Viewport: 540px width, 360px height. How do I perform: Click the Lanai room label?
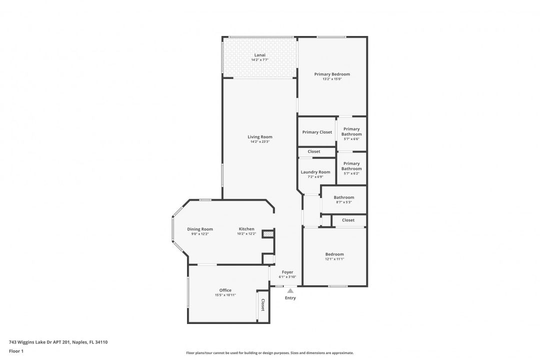pos(259,55)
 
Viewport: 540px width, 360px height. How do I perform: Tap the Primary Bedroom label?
pos(332,74)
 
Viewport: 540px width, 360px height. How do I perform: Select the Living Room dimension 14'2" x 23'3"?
pos(260,141)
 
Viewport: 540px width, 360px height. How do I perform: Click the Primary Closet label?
pos(317,132)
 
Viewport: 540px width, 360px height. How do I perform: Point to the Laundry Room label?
pos(315,172)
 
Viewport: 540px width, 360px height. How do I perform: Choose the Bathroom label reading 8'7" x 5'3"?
pos(344,197)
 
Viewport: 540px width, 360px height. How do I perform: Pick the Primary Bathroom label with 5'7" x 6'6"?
pos(351,131)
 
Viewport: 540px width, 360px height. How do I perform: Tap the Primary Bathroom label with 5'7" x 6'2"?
pos(351,166)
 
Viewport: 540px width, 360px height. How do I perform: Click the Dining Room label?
pos(200,229)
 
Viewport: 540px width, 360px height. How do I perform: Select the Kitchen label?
pos(246,229)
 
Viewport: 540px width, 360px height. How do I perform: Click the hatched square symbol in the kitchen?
pos(268,233)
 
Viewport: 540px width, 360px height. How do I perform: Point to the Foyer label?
pos(287,272)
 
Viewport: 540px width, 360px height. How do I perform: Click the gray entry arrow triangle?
pos(290,290)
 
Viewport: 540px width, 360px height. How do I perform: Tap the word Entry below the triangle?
pos(290,298)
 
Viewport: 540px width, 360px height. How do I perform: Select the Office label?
pos(225,290)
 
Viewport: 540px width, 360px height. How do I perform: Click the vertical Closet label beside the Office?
pos(262,305)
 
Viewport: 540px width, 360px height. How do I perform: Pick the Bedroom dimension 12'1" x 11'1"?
pos(334,259)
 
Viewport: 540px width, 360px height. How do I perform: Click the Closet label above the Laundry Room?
pos(314,151)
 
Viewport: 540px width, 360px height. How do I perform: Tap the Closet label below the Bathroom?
pos(348,220)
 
